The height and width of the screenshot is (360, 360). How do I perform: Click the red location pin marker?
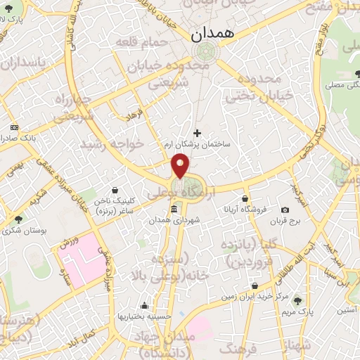coord(181,165)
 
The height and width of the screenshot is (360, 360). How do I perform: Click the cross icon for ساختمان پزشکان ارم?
coord(197,132)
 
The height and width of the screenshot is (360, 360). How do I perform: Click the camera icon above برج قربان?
coord(285,210)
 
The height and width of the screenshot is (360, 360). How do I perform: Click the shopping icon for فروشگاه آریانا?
coord(245,199)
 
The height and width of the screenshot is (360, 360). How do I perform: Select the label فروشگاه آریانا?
coord(245,210)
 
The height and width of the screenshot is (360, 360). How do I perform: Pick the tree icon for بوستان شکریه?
coord(18,219)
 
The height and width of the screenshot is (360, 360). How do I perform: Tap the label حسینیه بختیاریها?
coord(144,316)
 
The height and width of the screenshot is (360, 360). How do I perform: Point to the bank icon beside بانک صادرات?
coord(15,127)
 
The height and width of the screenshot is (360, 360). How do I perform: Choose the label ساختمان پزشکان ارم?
coord(206,143)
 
